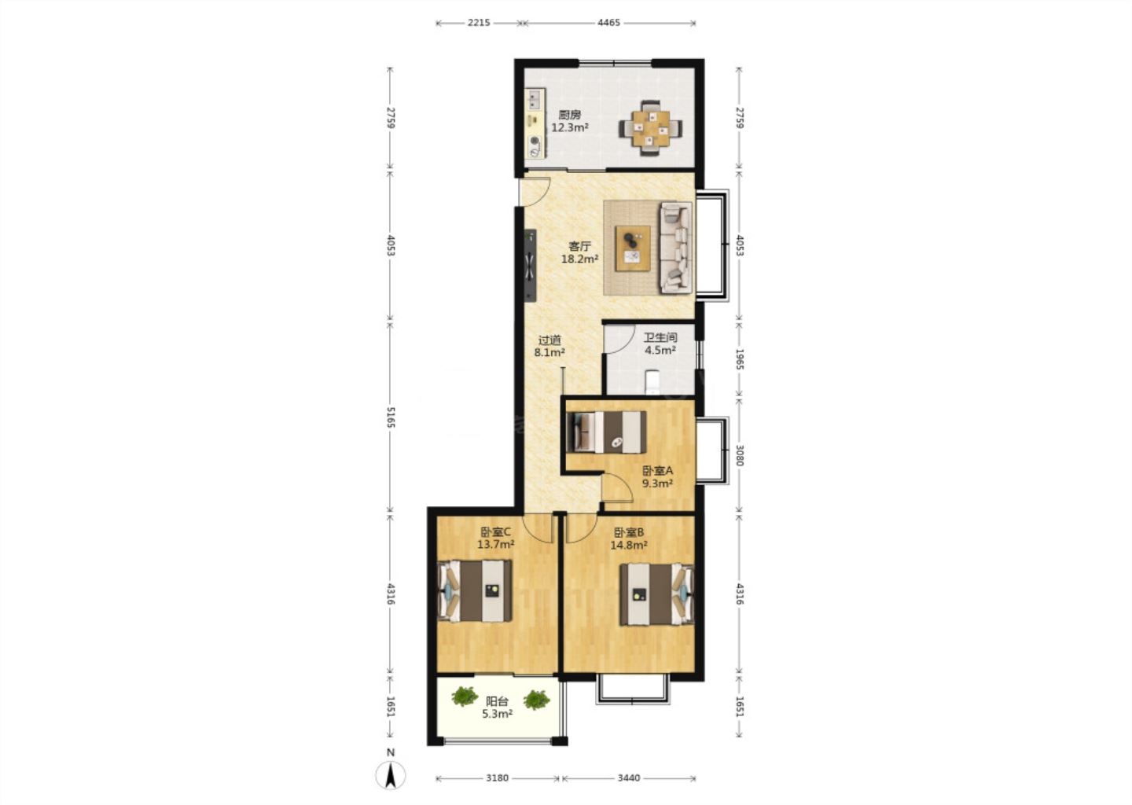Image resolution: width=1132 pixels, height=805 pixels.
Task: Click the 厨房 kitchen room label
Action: (x=569, y=116)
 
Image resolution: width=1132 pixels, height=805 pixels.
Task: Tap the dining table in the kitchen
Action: (x=650, y=128)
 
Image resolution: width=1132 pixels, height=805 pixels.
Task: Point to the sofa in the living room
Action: (x=676, y=248)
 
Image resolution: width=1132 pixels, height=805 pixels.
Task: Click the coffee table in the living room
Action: (x=633, y=248)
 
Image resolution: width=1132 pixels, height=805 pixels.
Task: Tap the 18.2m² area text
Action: (x=579, y=259)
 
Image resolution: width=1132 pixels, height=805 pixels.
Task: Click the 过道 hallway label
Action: (x=549, y=340)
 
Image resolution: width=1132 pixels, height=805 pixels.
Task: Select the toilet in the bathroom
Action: (x=653, y=382)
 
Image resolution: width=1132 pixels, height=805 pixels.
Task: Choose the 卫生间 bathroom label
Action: (x=660, y=337)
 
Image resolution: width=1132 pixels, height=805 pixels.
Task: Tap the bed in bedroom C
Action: (x=475, y=590)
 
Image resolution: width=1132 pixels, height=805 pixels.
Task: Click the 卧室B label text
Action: (x=629, y=533)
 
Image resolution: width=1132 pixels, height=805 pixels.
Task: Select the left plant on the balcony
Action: (x=465, y=696)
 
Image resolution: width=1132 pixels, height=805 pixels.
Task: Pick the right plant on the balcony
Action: (x=536, y=700)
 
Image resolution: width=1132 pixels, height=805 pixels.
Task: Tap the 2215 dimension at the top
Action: (x=479, y=23)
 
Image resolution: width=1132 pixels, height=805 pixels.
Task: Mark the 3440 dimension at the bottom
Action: (x=629, y=778)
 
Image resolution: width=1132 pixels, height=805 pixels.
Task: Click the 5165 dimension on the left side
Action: (x=390, y=417)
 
